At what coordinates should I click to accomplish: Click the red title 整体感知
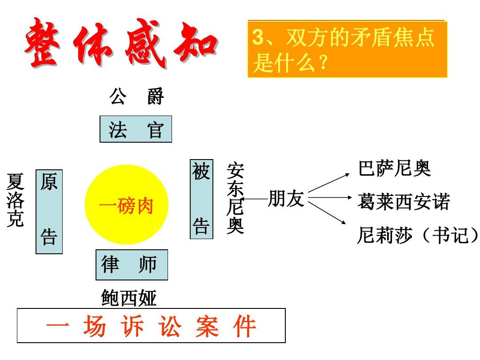(121, 43)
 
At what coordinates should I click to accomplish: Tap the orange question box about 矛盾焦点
(348, 49)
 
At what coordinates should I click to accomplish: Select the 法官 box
(136, 129)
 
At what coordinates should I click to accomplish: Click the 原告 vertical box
(49, 212)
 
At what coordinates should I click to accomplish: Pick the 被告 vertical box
(201, 199)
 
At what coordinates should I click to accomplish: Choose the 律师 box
(132, 265)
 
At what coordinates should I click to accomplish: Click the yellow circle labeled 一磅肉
(126, 204)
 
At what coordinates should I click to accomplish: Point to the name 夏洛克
(15, 200)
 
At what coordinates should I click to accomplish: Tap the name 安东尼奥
(235, 198)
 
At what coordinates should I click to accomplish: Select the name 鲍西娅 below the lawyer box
(129, 297)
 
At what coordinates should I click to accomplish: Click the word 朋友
(286, 198)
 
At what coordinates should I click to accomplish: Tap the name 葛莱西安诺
(404, 202)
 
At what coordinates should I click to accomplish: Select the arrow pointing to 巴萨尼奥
(329, 183)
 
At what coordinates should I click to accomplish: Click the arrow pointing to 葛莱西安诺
(330, 198)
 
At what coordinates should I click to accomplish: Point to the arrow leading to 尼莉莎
(327, 213)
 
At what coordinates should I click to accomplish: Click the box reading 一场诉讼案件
(151, 325)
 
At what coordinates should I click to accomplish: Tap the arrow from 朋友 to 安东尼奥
(256, 199)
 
